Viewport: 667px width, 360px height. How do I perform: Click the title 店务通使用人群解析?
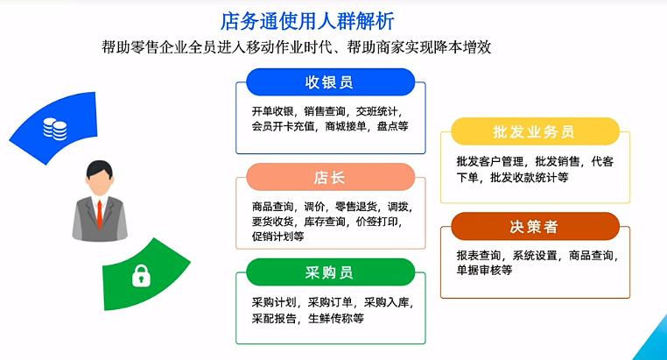coord(307,21)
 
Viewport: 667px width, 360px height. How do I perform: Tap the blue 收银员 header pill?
coord(331,82)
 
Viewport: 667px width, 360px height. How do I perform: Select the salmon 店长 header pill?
coord(331,177)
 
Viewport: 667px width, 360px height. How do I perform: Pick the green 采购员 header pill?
coord(331,272)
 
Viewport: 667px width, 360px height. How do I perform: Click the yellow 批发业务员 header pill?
coord(535,131)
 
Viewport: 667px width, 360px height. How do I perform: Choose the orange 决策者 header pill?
coord(535,226)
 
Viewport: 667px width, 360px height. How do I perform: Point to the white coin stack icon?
coord(55,129)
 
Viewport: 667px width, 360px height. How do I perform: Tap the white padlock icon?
coord(141,276)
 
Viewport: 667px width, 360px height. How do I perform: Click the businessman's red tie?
coord(100,214)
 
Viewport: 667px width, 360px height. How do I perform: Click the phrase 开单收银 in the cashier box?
coord(272,111)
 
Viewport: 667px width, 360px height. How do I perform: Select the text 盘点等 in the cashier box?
coord(393,126)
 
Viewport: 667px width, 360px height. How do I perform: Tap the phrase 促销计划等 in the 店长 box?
coord(277,236)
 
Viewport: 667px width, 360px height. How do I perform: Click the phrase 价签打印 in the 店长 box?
coord(376,222)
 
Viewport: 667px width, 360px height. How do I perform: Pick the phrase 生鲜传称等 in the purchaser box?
coord(336,318)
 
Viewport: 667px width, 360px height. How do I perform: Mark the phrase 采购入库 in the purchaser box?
coord(386,302)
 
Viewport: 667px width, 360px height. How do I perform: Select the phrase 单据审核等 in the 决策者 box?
coord(485,270)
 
